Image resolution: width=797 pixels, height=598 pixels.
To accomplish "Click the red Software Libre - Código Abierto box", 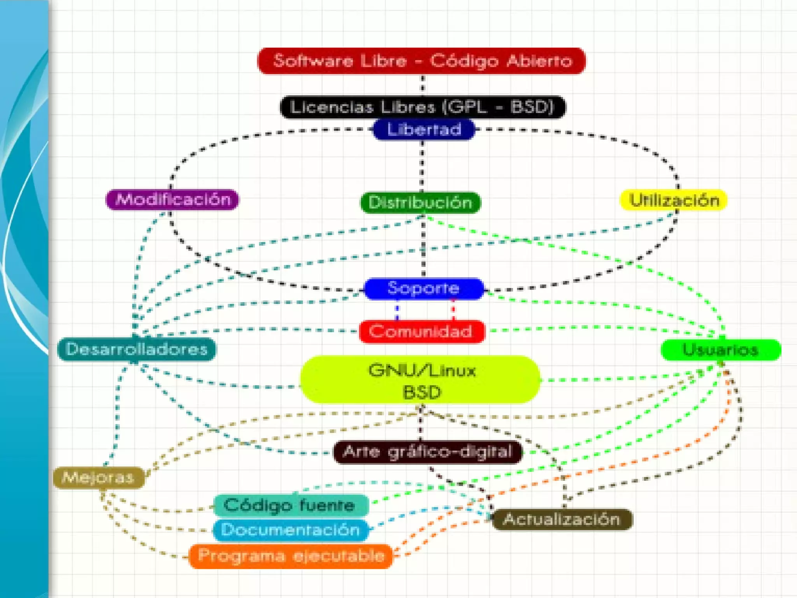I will [x=422, y=61].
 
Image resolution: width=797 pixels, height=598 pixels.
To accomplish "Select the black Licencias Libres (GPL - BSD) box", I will [x=423, y=107].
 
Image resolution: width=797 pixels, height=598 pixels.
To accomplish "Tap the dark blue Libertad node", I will [x=424, y=130].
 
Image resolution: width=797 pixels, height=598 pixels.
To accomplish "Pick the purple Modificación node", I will [x=173, y=199].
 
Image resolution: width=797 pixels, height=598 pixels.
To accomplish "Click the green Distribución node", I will [x=420, y=202].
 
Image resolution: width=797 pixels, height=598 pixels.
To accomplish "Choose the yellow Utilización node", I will [x=674, y=200].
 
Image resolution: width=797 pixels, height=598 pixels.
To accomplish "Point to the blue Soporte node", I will [x=424, y=288].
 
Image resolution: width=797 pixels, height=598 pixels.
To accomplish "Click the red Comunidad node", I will [x=422, y=331].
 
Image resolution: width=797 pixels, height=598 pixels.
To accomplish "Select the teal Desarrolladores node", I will [x=137, y=349].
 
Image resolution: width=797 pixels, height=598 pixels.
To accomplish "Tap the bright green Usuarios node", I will [x=721, y=350].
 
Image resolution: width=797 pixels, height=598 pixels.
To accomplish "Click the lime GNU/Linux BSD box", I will [x=421, y=379].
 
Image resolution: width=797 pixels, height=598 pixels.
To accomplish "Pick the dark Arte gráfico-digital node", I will [x=428, y=452].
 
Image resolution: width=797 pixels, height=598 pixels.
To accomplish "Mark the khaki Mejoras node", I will [x=98, y=477].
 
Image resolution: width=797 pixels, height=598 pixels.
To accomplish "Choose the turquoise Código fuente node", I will [x=290, y=505].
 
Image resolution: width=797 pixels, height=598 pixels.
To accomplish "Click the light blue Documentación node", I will [x=290, y=530].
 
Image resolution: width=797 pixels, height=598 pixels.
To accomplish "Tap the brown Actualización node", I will [x=562, y=519].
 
